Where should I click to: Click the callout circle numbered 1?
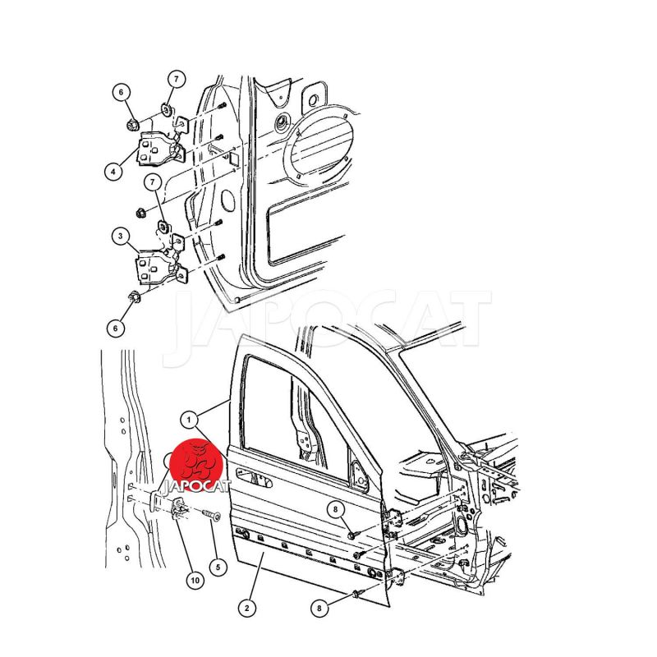click(189, 420)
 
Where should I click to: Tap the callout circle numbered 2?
click(247, 608)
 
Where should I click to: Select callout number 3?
click(121, 237)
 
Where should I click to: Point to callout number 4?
click(113, 172)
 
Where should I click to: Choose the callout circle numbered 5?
click(218, 567)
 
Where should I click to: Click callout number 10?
click(195, 581)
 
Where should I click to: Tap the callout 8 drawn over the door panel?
click(335, 509)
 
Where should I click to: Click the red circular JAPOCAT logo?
click(198, 464)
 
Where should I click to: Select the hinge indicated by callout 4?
click(160, 148)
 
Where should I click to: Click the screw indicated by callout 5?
click(212, 516)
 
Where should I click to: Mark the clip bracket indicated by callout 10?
click(179, 507)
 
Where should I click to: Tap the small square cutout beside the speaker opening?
click(233, 159)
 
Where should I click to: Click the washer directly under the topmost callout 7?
click(167, 110)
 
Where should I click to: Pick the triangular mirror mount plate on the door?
click(358, 475)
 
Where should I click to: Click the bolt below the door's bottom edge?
click(357, 594)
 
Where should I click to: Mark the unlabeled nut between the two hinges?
click(140, 213)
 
